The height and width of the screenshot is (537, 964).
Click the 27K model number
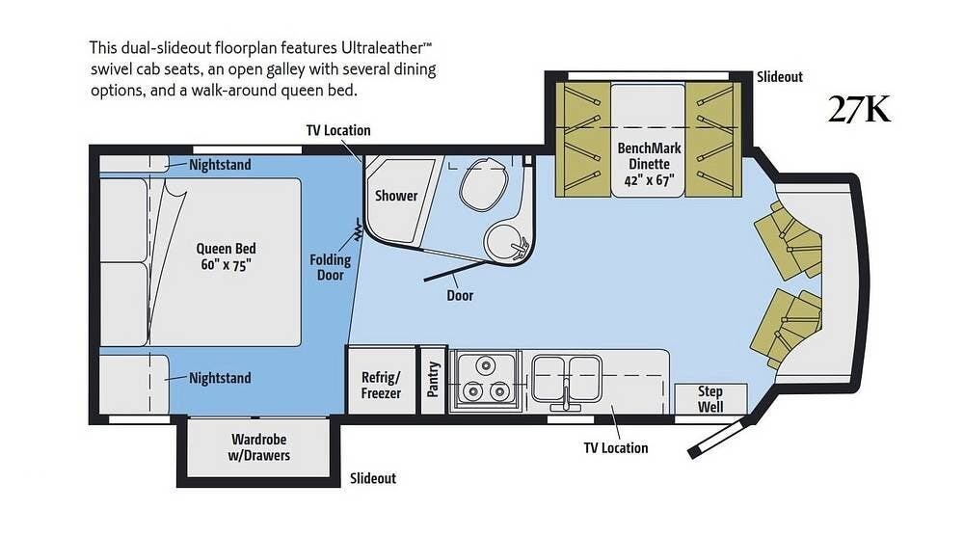[x=859, y=110]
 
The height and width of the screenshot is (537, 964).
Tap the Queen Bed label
[x=226, y=256]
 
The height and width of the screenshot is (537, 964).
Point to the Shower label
[x=396, y=196]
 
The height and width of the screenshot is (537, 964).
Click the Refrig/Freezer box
[x=381, y=380]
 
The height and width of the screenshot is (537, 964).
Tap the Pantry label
[x=433, y=379]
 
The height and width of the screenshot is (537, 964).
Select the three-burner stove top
[x=485, y=381]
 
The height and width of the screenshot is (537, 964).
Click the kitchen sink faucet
[x=566, y=397]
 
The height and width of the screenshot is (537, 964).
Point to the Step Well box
[x=710, y=398]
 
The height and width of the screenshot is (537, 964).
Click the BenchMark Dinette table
[x=648, y=140]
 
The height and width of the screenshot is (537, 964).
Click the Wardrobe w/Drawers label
[x=258, y=447]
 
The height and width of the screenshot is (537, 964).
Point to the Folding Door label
[x=330, y=267]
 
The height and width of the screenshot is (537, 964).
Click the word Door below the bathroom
[x=460, y=295]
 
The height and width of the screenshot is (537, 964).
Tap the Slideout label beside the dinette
[x=780, y=77]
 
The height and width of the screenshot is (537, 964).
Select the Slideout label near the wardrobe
[x=373, y=478]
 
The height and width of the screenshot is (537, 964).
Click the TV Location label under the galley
[x=616, y=447]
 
